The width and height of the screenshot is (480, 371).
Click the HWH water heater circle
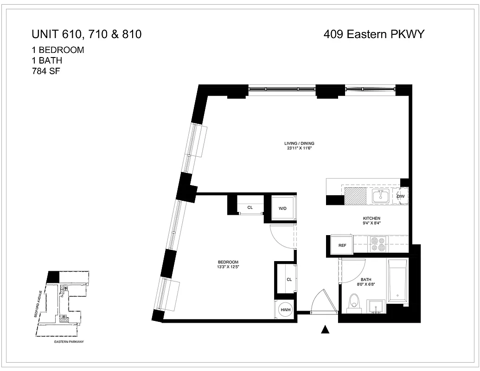click(x=284, y=310)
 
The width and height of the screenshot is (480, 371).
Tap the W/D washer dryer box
click(x=282, y=208)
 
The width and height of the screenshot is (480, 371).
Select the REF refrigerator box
click(x=342, y=245)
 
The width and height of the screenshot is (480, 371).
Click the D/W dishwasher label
click(x=401, y=197)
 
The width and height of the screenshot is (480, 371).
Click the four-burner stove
click(x=377, y=244)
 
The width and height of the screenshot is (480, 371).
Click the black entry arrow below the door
click(x=326, y=330)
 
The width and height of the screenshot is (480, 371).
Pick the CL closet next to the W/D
click(x=250, y=207)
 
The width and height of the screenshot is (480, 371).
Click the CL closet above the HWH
click(x=288, y=279)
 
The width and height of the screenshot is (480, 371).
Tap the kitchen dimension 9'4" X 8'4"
click(x=371, y=223)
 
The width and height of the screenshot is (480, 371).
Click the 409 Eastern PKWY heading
click(x=374, y=34)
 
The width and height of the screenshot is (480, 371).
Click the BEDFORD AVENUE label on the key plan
click(x=41, y=304)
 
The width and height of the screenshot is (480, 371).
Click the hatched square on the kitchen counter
click(x=355, y=197)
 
